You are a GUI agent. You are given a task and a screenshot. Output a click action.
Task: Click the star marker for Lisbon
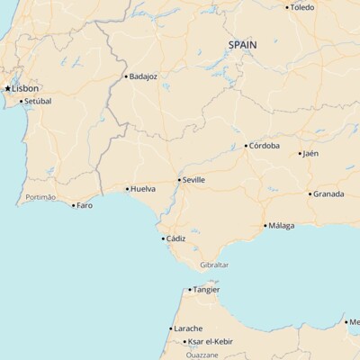click(x=7, y=88)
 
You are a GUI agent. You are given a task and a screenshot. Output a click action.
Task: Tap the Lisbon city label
click(x=25, y=88)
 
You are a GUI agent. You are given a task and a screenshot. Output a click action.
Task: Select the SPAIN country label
click(x=242, y=44)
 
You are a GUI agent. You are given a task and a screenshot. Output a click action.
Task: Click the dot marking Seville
click(x=179, y=180)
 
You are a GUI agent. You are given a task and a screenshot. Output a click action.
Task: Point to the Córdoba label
click(x=265, y=146)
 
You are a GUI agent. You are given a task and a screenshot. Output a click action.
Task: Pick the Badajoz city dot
click(x=126, y=76)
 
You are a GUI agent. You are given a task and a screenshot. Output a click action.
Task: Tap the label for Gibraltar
click(x=214, y=265)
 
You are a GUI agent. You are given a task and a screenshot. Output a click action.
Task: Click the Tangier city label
click(x=206, y=290)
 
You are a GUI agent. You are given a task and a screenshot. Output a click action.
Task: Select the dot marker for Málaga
click(x=265, y=226)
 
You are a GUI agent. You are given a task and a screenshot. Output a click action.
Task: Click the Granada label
click(x=328, y=193)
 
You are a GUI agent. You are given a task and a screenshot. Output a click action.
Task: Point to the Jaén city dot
click(x=300, y=154)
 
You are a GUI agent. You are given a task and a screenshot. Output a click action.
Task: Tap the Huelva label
click(x=143, y=189)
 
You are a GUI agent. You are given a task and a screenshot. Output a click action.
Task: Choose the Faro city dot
click(x=74, y=205)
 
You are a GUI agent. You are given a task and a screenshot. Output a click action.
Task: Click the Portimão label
click(x=40, y=197)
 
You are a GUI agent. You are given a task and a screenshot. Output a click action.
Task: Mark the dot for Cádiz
click(x=163, y=238)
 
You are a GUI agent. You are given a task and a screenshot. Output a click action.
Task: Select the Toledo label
click(x=302, y=7)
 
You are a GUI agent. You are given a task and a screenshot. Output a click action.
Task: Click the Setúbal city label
click(x=38, y=101)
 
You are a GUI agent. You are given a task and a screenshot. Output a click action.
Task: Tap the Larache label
click(x=188, y=328)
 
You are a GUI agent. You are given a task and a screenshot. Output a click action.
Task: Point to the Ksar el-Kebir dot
click(x=184, y=342)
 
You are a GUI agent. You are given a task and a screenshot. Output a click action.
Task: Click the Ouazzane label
click(x=202, y=355)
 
